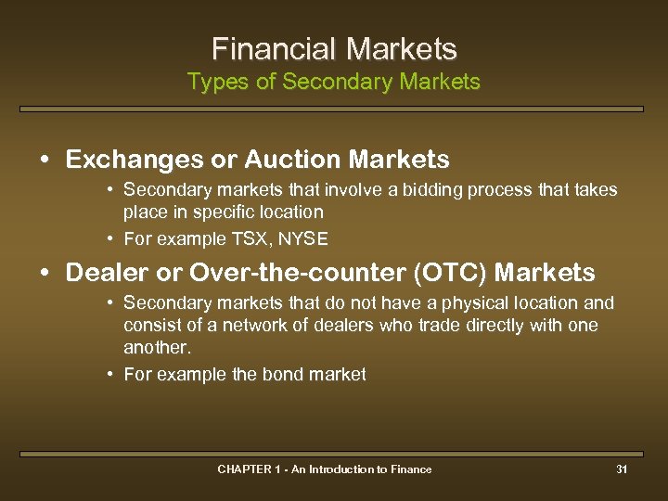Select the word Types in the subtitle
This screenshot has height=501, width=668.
pyautogui.click(x=212, y=83)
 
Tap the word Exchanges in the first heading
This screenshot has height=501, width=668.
pyautogui.click(x=135, y=160)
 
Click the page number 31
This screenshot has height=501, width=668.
pyautogui.click(x=622, y=469)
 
